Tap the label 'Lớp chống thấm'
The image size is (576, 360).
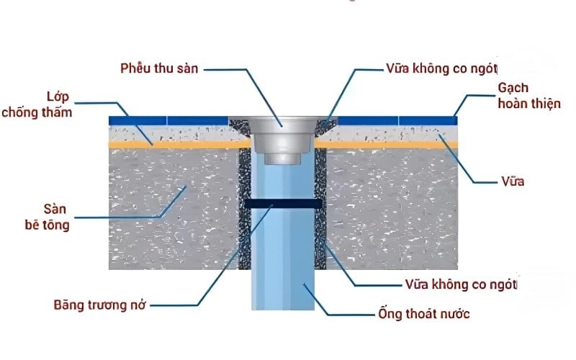pyautogui.click(x=37, y=104)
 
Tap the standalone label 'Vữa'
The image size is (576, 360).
pyautogui.click(x=513, y=181)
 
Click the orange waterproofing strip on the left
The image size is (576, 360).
pyautogui.click(x=173, y=145)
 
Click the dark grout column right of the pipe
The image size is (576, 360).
pyautogui.click(x=320, y=216)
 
